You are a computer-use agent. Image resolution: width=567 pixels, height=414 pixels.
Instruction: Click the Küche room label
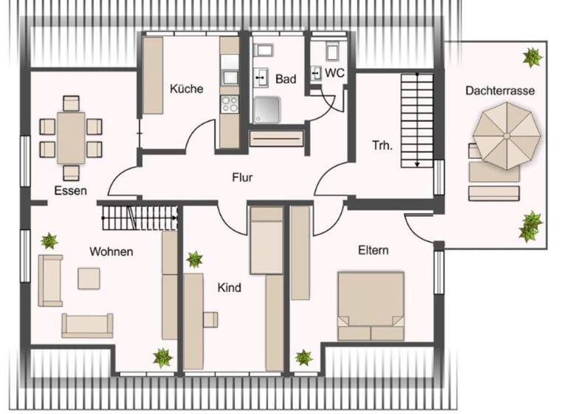pyautogui.click(x=186, y=89)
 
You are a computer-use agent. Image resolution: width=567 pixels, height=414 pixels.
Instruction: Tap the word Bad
pyautogui.click(x=285, y=78)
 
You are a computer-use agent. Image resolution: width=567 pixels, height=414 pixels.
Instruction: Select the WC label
pyautogui.click(x=334, y=73)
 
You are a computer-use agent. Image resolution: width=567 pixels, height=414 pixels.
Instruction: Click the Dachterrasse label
pyautogui.click(x=500, y=90)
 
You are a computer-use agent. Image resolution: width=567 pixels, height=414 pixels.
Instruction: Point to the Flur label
pyautogui.click(x=242, y=177)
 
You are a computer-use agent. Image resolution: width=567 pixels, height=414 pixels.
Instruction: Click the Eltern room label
pyautogui.click(x=373, y=250)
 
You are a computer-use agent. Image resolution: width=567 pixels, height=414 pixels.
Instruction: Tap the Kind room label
pyautogui.click(x=229, y=288)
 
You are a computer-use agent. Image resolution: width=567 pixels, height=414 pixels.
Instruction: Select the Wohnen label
pyautogui.click(x=111, y=251)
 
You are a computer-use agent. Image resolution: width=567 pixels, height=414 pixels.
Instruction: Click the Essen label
pyautogui.click(x=70, y=190)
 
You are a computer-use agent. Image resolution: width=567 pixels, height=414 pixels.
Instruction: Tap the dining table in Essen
pyautogui.click(x=71, y=137)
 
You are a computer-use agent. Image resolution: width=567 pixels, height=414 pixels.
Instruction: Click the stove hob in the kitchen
pyautogui.click(x=230, y=103)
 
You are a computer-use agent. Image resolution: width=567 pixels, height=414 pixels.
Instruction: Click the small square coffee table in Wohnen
pyautogui.click(x=90, y=277)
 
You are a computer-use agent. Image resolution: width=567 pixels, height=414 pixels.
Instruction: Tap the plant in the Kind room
pyautogui.click(x=194, y=259)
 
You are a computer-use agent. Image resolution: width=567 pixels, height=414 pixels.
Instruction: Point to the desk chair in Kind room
pyautogui.click(x=210, y=319)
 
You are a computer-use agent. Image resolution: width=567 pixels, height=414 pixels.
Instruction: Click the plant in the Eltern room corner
pyautogui.click(x=303, y=358)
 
